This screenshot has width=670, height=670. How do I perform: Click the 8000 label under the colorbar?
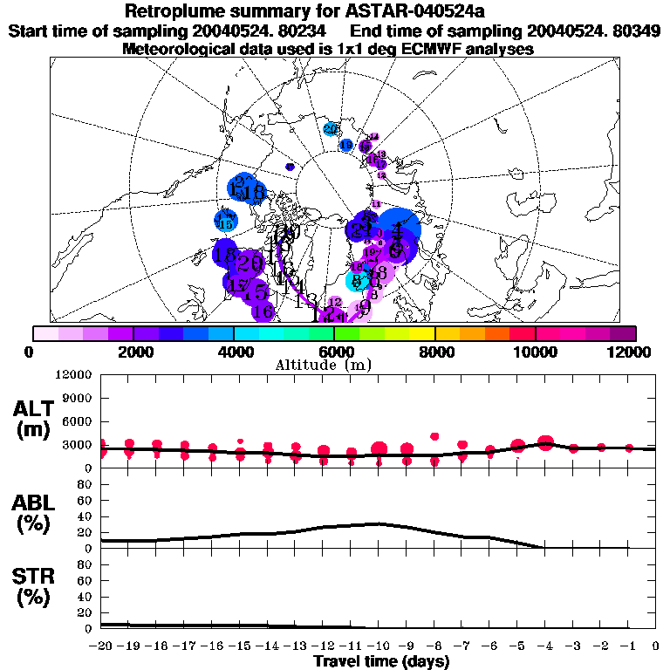(x=434, y=352)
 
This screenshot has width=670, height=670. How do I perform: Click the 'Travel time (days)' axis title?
(x=381, y=662)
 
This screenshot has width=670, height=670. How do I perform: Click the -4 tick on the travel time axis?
(x=544, y=646)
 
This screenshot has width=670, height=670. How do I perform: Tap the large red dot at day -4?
(x=546, y=443)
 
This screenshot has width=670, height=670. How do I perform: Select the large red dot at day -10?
(x=379, y=449)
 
